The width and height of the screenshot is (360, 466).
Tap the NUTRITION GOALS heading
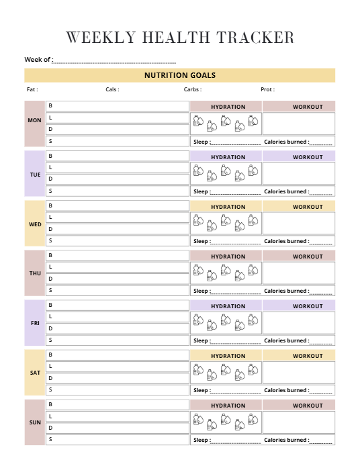pos(180,75)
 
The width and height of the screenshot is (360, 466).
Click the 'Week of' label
pos(38,60)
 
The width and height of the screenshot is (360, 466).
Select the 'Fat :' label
pos(32,89)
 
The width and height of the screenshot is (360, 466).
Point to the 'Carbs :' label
pos(193,89)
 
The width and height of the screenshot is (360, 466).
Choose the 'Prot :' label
pos(267,89)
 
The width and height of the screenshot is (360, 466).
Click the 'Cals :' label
pos(112,89)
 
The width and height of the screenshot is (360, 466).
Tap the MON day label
pos(34,121)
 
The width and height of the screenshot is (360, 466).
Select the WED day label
pos(35,224)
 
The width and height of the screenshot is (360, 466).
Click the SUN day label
pos(35,422)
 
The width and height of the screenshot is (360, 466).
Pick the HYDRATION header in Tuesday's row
pos(228,157)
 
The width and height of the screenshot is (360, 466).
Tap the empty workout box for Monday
pos(298,124)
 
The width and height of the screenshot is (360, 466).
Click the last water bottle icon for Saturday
pos(253,369)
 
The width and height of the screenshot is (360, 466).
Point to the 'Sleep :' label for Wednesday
pos(201,241)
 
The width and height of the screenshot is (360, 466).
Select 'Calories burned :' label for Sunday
pos(287,440)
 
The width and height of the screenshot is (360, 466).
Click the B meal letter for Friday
pos(50,305)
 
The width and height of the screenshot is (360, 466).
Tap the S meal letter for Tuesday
pos(50,191)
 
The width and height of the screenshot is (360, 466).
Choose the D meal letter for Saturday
pos(50,378)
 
